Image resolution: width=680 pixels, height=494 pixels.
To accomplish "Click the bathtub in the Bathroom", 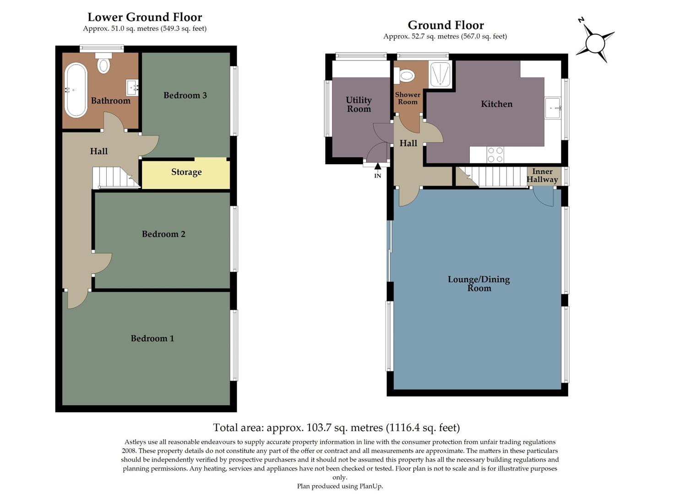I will pyautogui.click(x=76, y=90).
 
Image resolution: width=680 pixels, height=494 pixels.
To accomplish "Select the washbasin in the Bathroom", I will pyautogui.click(x=132, y=87).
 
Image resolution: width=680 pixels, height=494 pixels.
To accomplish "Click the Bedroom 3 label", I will pyautogui.click(x=185, y=95).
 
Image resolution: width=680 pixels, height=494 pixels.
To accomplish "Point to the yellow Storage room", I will pyautogui.click(x=186, y=172).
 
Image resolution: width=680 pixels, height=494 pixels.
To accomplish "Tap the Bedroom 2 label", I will pyautogui.click(x=163, y=234).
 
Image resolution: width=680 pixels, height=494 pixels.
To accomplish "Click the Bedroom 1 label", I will pyautogui.click(x=152, y=338).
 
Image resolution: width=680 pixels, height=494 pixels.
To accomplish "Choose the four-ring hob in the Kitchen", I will pyautogui.click(x=495, y=155).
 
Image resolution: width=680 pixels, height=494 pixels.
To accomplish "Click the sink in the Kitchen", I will pyautogui.click(x=553, y=108).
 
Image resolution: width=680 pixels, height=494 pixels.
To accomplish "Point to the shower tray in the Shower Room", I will pyautogui.click(x=440, y=74).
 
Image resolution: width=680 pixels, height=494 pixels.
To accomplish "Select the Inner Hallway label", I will pyautogui.click(x=542, y=176).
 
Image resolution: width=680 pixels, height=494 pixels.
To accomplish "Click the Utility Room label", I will pyautogui.click(x=359, y=104).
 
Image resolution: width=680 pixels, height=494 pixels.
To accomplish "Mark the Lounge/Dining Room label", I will pyautogui.click(x=479, y=284).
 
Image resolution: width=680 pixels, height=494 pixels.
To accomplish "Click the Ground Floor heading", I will pyautogui.click(x=446, y=25).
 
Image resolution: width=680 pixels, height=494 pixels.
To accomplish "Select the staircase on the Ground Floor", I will pyautogui.click(x=499, y=176).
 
